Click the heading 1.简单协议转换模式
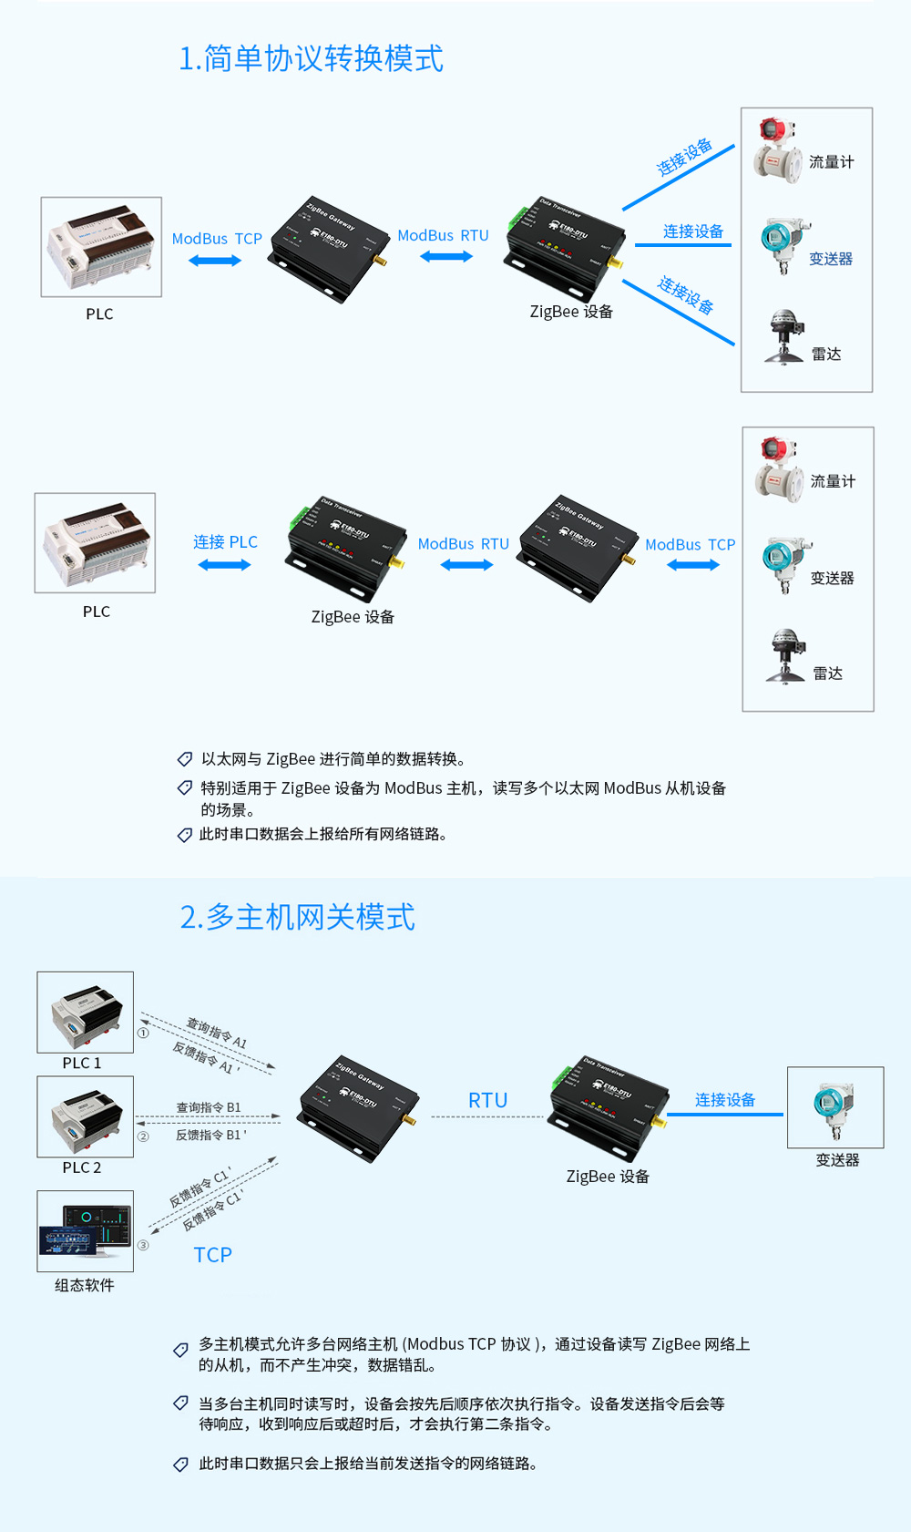(x=311, y=58)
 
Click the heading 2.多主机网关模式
(x=297, y=917)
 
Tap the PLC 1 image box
(x=85, y=1012)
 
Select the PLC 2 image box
(x=85, y=1116)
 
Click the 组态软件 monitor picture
(x=85, y=1230)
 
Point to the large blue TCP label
(x=212, y=1255)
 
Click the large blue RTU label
(x=487, y=1101)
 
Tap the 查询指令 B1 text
(x=208, y=1107)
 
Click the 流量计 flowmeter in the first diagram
(x=776, y=151)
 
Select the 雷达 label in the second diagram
(x=827, y=673)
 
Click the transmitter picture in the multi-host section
(x=834, y=1107)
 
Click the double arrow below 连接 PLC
(x=224, y=565)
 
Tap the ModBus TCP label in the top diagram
(x=217, y=239)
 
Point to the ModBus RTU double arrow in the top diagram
(x=445, y=257)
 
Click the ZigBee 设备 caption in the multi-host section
(x=608, y=1177)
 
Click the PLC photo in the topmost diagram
(x=101, y=247)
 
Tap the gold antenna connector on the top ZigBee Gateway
(x=381, y=262)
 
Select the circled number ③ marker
(x=143, y=1245)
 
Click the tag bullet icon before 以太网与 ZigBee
(x=185, y=759)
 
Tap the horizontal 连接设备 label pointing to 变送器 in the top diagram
(x=692, y=231)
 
